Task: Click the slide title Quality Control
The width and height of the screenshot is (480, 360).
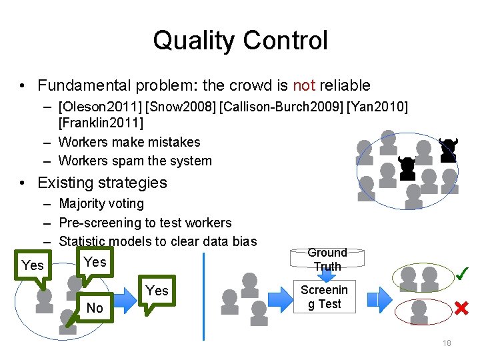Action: click(240, 40)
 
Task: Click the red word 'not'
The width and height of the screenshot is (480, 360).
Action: click(304, 85)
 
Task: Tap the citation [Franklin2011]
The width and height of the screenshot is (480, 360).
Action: click(101, 123)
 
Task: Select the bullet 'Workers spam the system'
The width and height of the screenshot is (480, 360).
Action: click(135, 161)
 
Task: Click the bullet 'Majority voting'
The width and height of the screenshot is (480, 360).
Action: click(101, 203)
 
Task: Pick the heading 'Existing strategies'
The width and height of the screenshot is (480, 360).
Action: click(102, 182)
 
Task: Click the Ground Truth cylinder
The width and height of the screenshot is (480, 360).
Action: click(327, 259)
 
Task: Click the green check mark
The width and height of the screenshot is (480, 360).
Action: click(461, 273)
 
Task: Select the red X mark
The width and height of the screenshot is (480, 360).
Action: click(461, 308)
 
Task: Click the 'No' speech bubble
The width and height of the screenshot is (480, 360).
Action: click(94, 307)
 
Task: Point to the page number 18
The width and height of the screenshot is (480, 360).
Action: click(447, 343)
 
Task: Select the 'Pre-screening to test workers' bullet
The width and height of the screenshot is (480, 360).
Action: click(145, 222)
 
